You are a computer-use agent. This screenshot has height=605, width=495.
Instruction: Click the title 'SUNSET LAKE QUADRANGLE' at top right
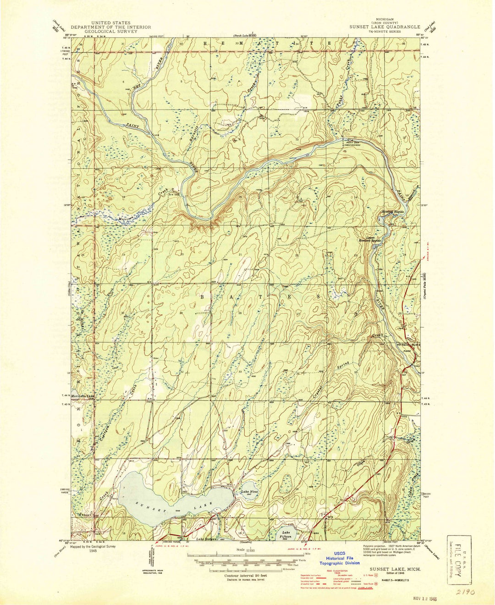click(x=382, y=27)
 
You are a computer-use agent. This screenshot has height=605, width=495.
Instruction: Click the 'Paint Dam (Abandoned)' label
click(x=353, y=143)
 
